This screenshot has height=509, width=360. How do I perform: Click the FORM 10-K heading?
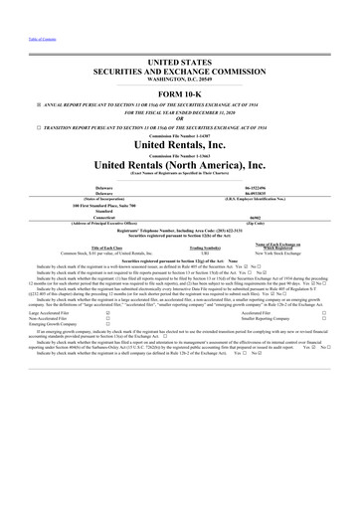[x=179, y=91]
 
